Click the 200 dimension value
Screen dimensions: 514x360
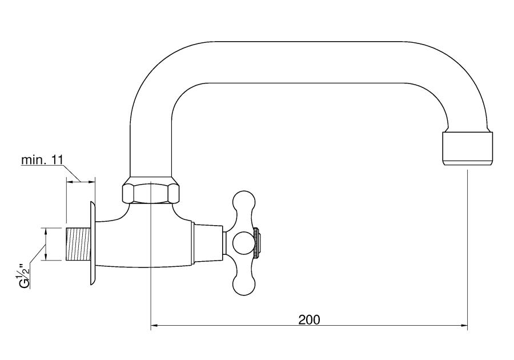click(309, 319)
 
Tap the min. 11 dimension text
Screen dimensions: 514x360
click(42, 160)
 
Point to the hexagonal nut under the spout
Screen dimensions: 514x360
click(151, 193)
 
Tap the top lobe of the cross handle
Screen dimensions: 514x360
click(243, 201)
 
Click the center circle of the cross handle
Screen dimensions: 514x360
click(243, 243)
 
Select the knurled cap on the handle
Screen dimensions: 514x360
click(258, 243)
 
